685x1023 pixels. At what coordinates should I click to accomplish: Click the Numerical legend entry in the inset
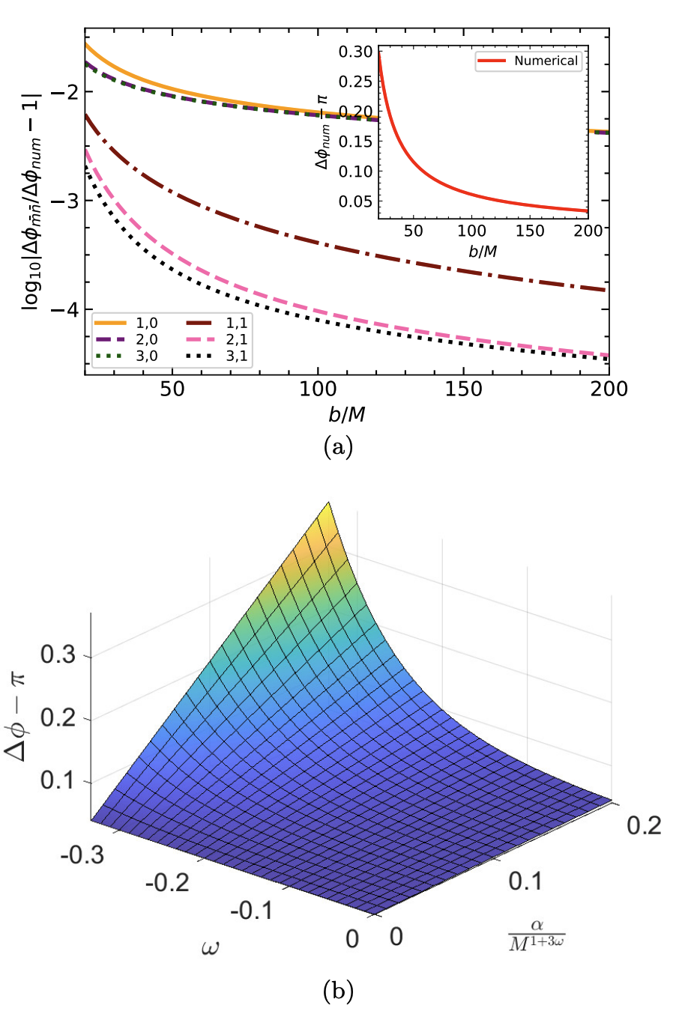[528, 61]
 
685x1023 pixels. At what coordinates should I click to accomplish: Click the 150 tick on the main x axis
[463, 389]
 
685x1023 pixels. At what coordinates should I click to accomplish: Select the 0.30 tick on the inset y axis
[354, 52]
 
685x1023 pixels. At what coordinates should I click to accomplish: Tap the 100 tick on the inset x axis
[471, 231]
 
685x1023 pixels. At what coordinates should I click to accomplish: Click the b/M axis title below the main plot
[346, 414]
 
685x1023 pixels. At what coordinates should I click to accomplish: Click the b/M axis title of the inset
[483, 251]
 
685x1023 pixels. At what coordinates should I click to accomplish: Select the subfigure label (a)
[338, 447]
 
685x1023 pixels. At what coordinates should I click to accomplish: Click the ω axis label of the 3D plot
[211, 948]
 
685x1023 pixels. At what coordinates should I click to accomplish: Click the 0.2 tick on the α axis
[644, 825]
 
